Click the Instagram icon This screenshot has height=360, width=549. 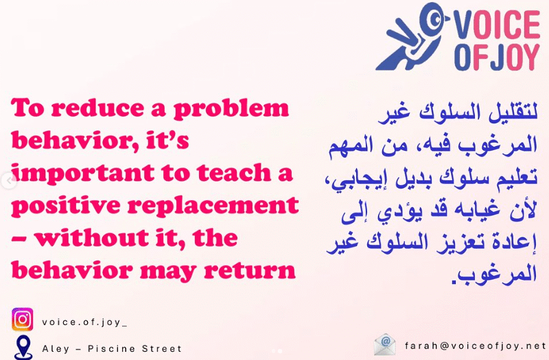(x=23, y=320)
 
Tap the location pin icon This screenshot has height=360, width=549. (x=23, y=347)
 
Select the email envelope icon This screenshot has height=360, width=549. (x=385, y=344)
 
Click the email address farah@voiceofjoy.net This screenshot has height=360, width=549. (x=476, y=344)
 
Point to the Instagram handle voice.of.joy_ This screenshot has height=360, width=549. (x=84, y=322)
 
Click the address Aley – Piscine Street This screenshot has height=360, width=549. (x=112, y=348)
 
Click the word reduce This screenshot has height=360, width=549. (x=83, y=110)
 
